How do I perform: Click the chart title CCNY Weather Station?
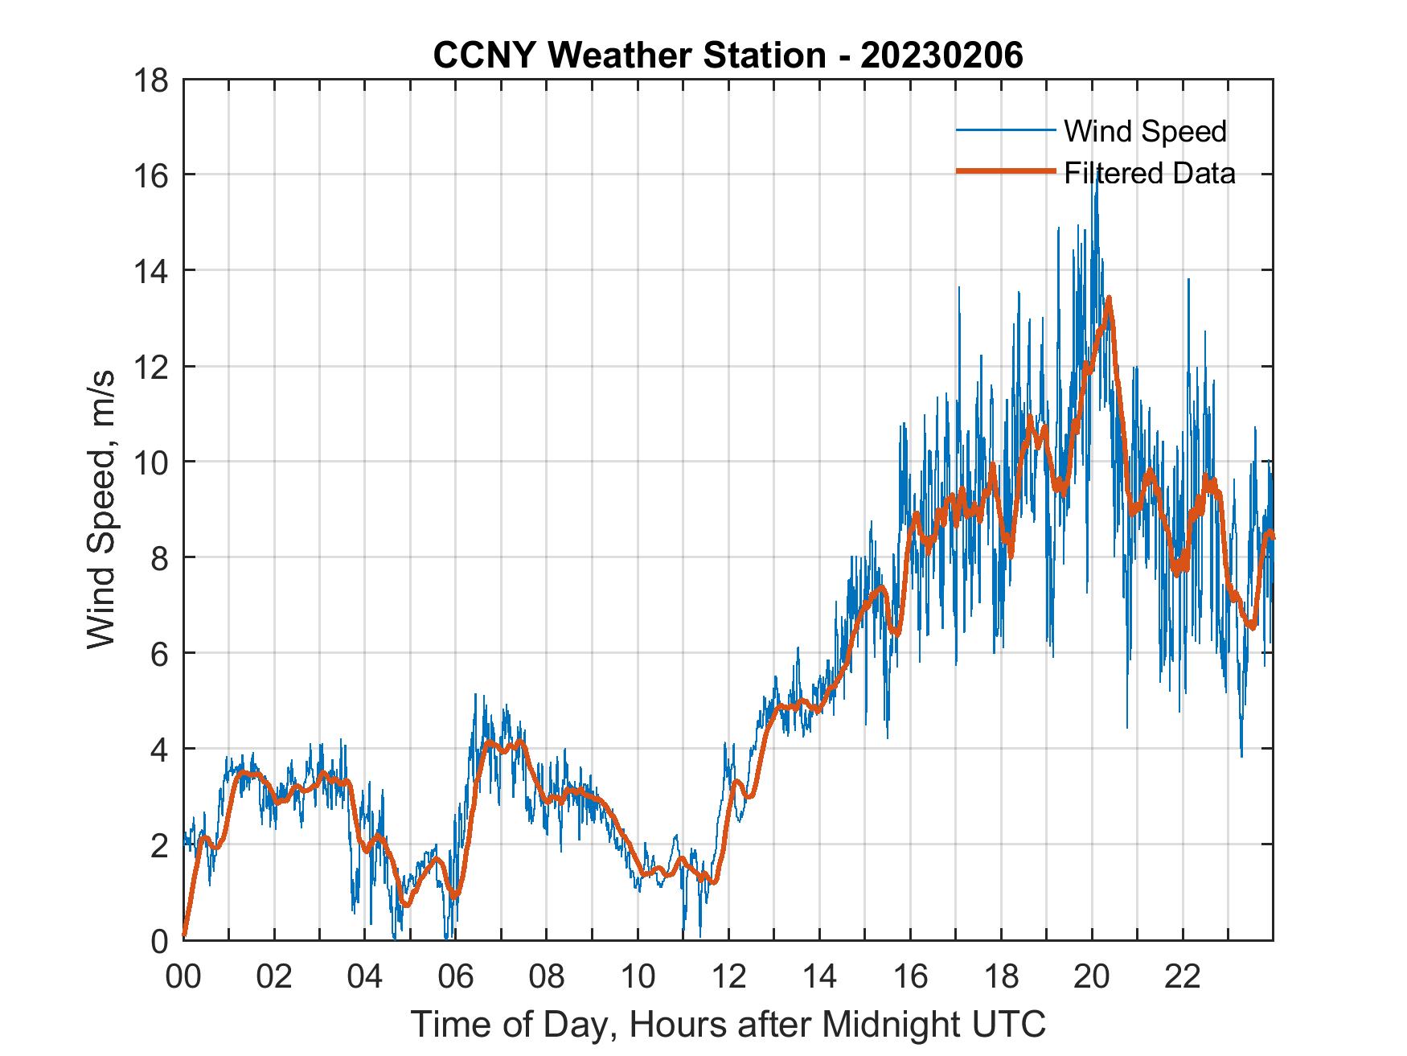click(629, 55)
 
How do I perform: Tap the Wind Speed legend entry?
click(1145, 131)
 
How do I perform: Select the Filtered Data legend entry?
click(1149, 173)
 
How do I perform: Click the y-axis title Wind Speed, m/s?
click(101, 509)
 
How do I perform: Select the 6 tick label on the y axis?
click(159, 654)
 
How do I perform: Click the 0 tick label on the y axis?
click(159, 941)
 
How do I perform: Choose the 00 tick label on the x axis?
click(183, 978)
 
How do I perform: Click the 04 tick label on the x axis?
click(365, 978)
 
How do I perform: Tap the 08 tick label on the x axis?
click(547, 978)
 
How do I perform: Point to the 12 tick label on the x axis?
click(728, 978)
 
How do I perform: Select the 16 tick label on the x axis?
click(910, 978)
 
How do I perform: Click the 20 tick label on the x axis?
click(1092, 978)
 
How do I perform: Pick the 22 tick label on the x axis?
click(1183, 978)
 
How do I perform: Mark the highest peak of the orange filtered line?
click(1109, 298)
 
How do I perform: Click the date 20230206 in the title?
click(941, 55)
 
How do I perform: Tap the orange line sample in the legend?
click(1005, 171)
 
